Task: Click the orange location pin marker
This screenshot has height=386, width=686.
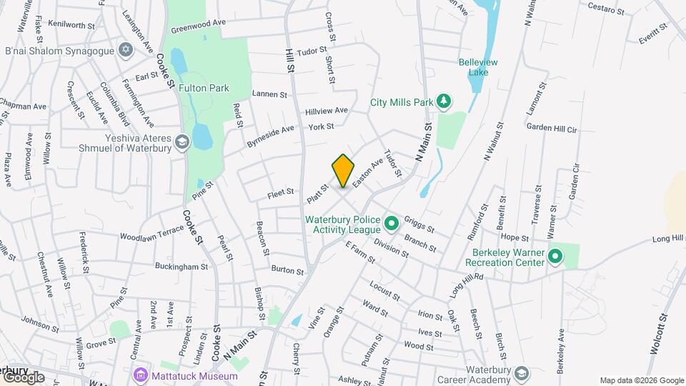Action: click(x=343, y=171)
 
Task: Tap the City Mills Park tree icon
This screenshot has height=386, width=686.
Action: click(x=444, y=102)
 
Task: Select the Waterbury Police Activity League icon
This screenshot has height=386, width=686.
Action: click(x=391, y=224)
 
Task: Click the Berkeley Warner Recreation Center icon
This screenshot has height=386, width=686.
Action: click(x=554, y=256)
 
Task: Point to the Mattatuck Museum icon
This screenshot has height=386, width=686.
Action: click(x=140, y=376)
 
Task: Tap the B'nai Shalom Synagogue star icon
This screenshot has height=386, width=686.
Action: click(x=126, y=50)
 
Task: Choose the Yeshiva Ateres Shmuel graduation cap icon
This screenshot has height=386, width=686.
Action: click(x=182, y=142)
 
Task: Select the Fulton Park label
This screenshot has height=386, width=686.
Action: click(x=204, y=89)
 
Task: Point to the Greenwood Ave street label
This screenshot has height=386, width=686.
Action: click(x=198, y=26)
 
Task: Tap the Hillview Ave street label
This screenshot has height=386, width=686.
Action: click(x=327, y=112)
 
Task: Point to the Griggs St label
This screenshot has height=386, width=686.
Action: click(x=419, y=224)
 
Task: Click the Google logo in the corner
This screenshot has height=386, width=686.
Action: click(x=24, y=377)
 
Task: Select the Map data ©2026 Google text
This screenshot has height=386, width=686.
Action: click(x=640, y=380)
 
